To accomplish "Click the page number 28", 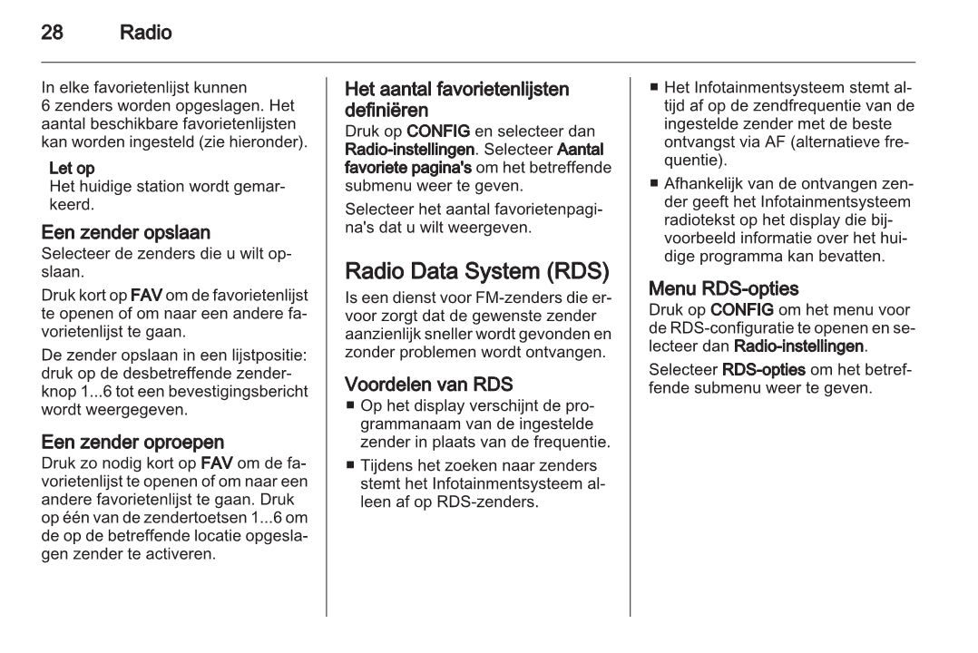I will (x=53, y=34).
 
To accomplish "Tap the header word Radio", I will (x=145, y=34).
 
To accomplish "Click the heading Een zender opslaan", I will (x=126, y=233).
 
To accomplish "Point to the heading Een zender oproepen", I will (x=132, y=443).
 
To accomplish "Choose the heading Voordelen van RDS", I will (x=429, y=384).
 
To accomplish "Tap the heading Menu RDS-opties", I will (x=724, y=289).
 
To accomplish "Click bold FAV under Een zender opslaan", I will (x=147, y=296).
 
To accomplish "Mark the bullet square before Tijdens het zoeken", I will (x=350, y=466).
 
